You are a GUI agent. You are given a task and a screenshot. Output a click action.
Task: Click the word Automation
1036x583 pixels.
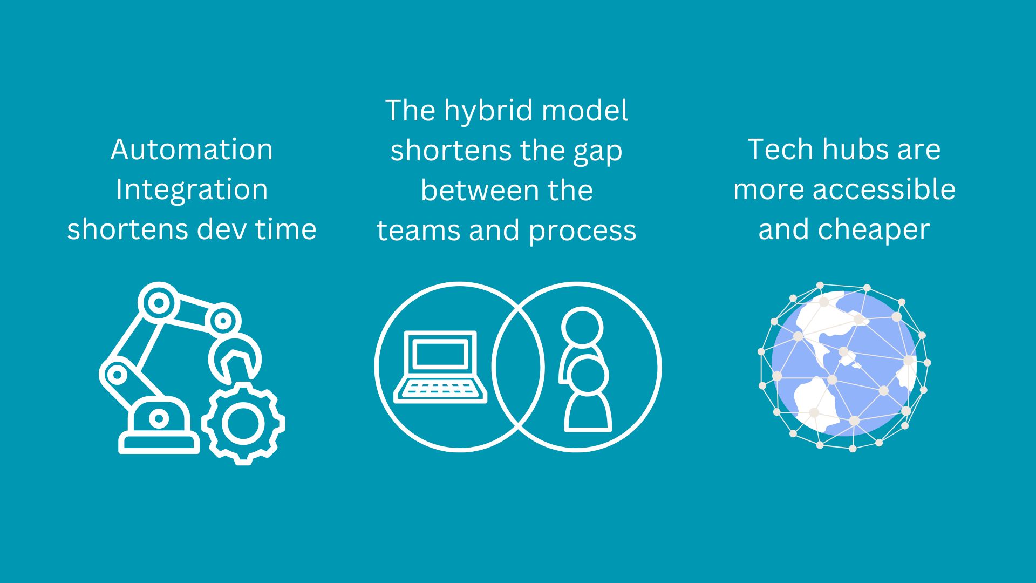(x=192, y=150)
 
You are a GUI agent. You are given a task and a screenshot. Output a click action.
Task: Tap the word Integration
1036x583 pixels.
(x=192, y=190)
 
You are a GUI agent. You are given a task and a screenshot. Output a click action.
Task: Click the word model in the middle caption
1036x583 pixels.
(x=585, y=111)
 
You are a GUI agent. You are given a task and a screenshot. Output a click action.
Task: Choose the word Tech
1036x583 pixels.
(x=781, y=150)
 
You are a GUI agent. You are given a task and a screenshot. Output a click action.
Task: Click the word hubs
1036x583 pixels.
(x=854, y=150)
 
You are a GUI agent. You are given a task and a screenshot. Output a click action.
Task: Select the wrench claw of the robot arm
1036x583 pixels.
(x=235, y=358)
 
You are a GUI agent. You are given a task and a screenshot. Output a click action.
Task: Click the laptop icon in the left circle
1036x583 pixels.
(x=440, y=367)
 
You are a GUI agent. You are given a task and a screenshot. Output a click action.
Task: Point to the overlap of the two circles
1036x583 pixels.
(x=518, y=367)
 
